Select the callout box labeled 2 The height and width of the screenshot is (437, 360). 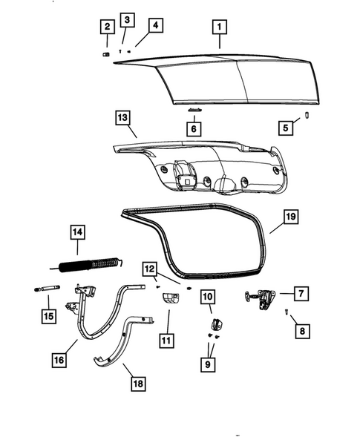pos(107,28)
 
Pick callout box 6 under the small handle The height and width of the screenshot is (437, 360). pos(193,128)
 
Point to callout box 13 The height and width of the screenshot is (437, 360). pos(122,117)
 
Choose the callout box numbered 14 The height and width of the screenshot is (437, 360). pos(78,233)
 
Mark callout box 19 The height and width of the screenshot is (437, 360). pos(292,217)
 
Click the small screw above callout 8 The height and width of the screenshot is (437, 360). pos(287,312)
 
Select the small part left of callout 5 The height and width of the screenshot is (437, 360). pos(307,114)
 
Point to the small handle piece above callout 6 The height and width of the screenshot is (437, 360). pos(194,109)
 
